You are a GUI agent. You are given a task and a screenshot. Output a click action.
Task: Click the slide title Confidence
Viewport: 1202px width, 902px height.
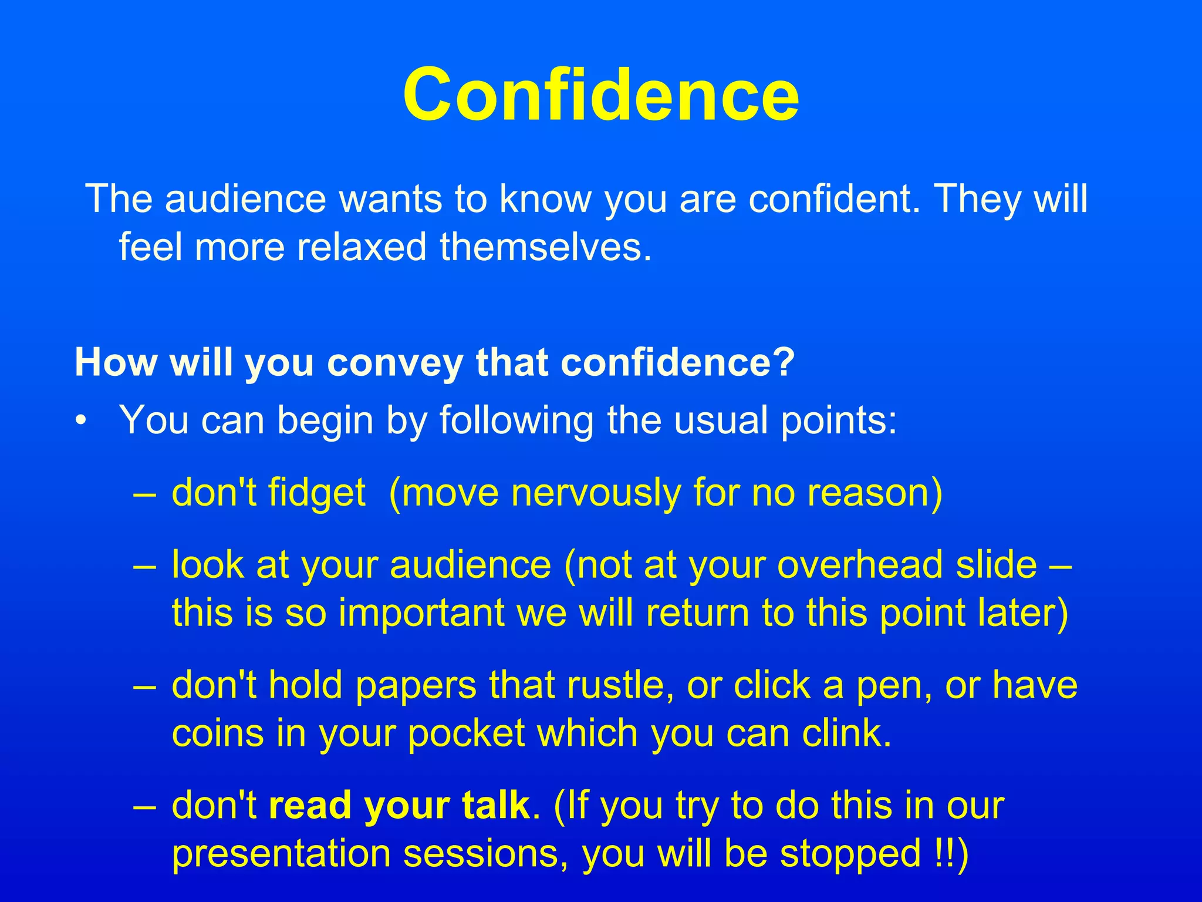(x=600, y=95)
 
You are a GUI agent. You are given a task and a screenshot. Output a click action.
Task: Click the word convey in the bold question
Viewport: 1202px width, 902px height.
(x=395, y=362)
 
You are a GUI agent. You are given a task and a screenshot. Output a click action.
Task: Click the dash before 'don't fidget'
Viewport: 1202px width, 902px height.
(x=144, y=493)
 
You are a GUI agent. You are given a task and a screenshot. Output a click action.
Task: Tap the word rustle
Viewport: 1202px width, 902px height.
(x=624, y=685)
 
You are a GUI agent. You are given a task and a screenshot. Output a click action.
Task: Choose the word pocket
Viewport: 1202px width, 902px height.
(x=466, y=733)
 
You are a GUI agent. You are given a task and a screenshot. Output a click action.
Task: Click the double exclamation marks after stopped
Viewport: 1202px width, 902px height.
(x=942, y=853)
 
